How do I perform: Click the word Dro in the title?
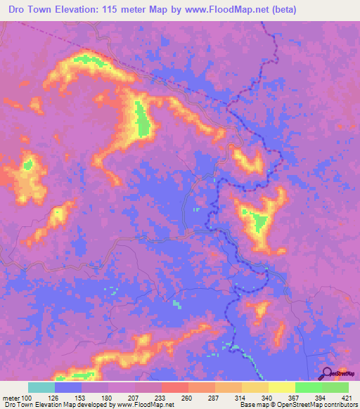click(18, 10)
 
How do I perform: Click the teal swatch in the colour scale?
click(41, 387)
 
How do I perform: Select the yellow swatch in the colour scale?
click(282, 387)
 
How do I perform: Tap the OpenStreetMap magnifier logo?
click(327, 374)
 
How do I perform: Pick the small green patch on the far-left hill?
click(28, 165)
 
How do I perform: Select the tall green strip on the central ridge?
click(143, 119)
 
